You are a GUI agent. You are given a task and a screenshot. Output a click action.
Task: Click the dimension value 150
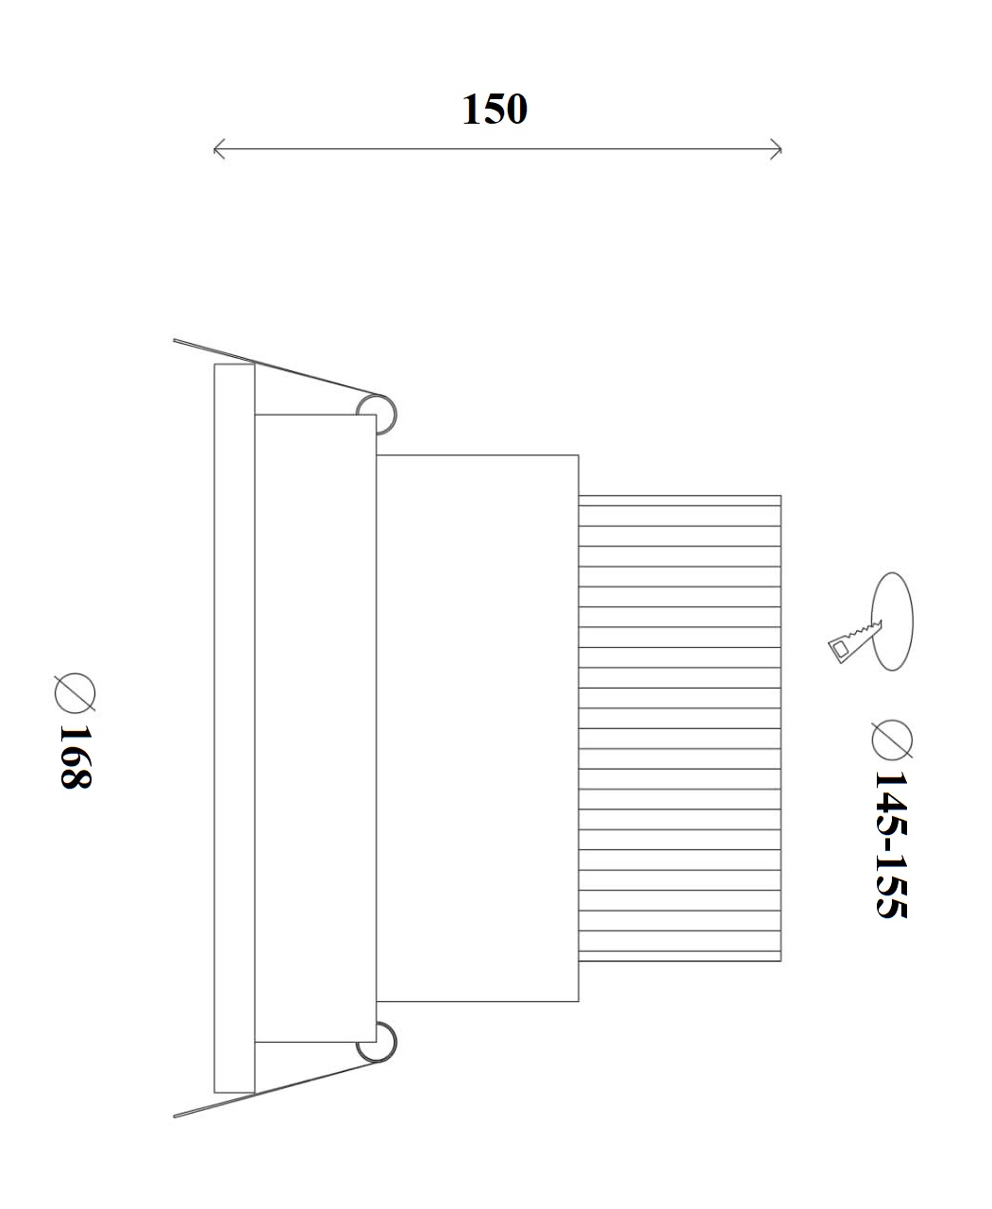point(494,110)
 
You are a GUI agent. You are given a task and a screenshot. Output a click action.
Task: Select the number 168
point(75,757)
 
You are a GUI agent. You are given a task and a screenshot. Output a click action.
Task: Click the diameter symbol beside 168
point(75,691)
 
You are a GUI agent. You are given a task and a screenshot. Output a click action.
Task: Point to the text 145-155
point(891,843)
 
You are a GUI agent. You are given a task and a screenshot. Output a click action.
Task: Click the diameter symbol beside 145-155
point(892,740)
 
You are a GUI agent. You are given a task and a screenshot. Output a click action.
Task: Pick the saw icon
point(852,641)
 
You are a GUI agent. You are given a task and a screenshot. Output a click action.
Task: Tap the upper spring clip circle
point(377,414)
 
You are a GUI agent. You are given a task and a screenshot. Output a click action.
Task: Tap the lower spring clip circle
point(377,1042)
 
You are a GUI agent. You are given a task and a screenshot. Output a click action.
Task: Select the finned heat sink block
point(680,728)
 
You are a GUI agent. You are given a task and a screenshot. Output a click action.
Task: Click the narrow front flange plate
point(234,728)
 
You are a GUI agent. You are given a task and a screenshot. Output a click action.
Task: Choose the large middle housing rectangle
point(477,728)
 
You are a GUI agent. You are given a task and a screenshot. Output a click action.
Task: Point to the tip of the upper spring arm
point(176,339)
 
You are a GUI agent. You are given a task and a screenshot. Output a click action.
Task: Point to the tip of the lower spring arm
point(176,1117)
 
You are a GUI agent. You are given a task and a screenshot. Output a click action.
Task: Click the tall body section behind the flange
point(315,728)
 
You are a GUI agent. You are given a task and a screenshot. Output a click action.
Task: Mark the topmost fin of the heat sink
point(680,505)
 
